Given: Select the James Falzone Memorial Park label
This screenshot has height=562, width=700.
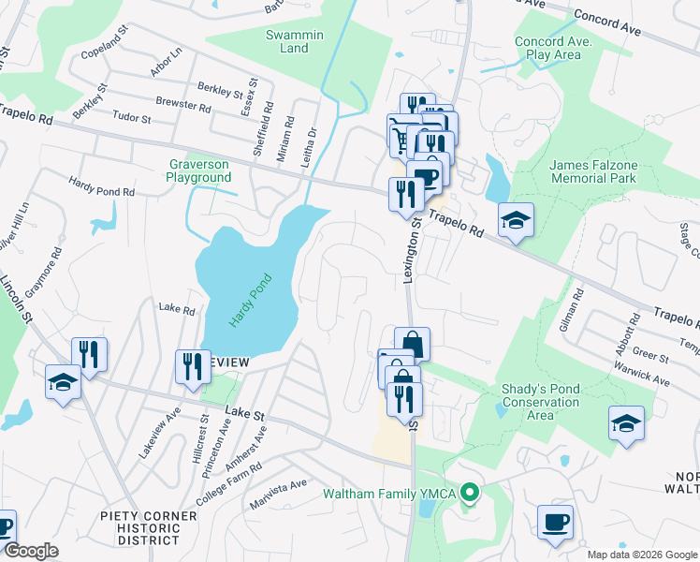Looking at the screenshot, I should pyautogui.click(x=593, y=171).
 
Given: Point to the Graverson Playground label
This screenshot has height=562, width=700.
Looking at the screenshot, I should pyautogui.click(x=199, y=170).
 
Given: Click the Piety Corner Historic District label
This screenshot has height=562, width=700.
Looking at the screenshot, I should pyautogui.click(x=150, y=527).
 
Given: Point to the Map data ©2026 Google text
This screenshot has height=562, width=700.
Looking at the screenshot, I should pyautogui.click(x=642, y=554).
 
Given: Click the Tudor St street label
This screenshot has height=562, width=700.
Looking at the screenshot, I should pyautogui.click(x=132, y=118).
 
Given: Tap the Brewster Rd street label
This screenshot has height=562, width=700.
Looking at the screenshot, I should pyautogui.click(x=183, y=105).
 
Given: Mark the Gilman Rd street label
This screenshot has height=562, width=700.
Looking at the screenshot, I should pyautogui.click(x=580, y=305).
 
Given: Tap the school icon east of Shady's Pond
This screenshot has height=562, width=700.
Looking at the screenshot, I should pyautogui.click(x=626, y=422).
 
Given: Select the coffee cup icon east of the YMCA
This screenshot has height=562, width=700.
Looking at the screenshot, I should pyautogui.click(x=556, y=521).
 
